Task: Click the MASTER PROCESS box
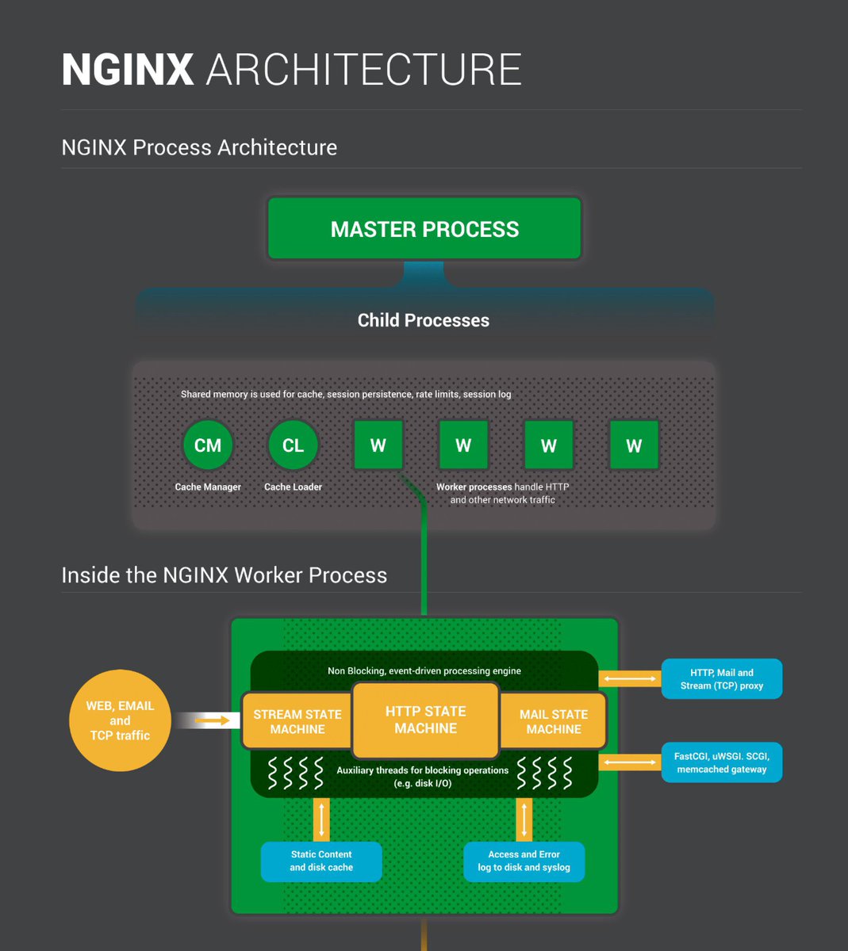424,228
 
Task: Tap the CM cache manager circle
208,445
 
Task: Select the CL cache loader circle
293,445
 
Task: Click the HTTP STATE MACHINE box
425,720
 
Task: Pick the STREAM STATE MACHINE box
297,721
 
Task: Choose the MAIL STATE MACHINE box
553,721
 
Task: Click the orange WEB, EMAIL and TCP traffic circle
120,720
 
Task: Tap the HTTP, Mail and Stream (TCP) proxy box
722,678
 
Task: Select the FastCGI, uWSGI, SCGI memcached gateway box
722,762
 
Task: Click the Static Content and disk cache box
321,861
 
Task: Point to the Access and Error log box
524,861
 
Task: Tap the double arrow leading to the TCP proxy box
630,678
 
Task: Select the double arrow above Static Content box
321,819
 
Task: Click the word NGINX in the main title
127,69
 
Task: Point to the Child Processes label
424,320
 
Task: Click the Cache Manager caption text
208,487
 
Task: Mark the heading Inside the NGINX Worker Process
224,575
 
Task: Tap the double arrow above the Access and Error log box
524,819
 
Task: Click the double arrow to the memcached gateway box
630,762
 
